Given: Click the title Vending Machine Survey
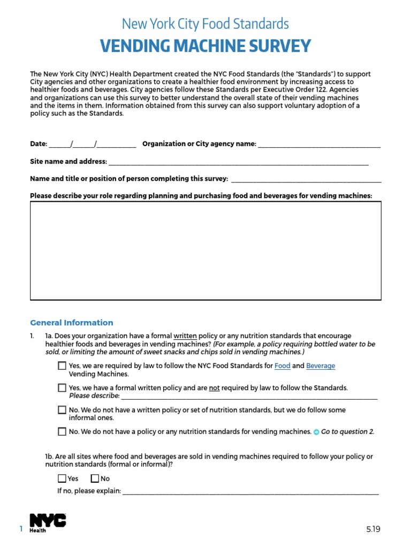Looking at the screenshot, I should point(205,46).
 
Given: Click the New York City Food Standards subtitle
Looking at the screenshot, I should point(205,24).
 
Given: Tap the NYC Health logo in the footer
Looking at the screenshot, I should point(48,523).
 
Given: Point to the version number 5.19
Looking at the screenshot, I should point(373,529).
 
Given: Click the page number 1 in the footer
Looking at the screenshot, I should point(21,529).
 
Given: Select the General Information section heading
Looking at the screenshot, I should point(72,323).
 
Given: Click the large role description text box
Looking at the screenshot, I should point(205,250).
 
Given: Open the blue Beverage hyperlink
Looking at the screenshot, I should point(321,366).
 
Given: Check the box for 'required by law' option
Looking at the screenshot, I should point(62,367).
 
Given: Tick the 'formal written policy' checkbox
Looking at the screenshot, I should point(62,388).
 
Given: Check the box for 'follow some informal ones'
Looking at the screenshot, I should point(62,410).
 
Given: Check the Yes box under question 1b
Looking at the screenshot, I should point(62,479).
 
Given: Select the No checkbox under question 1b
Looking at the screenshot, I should point(95,479).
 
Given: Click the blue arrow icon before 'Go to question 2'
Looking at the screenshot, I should point(316,432).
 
